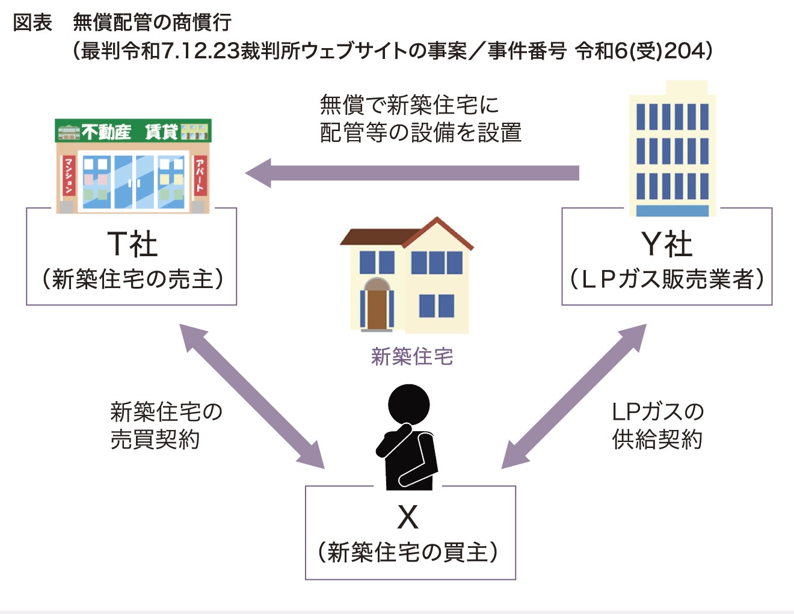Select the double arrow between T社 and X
coord(252,396)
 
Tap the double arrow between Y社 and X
coord(574,396)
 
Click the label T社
coord(132,244)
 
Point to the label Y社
coord(666,244)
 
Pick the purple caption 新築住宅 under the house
coord(412,357)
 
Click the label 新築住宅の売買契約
coord(166,426)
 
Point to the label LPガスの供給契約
coord(657,426)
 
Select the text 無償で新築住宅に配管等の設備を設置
coord(420,118)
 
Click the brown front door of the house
coord(377,307)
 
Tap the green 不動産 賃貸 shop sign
coord(133,130)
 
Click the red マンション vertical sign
coord(68,176)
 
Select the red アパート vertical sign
coord(200,176)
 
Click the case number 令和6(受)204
coord(644,51)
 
